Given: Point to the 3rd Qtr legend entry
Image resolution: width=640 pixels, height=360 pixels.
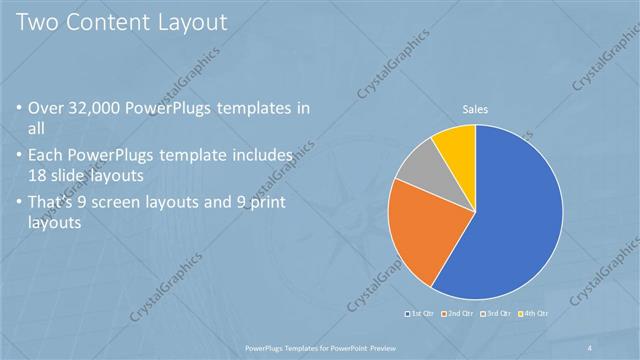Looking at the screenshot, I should point(495,315).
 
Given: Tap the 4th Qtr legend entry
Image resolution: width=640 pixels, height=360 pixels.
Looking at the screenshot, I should point(535,315).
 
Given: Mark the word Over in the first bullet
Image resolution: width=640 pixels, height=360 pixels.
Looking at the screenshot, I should point(47,108).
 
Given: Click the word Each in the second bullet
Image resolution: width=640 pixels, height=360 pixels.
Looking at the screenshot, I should point(47,156).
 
